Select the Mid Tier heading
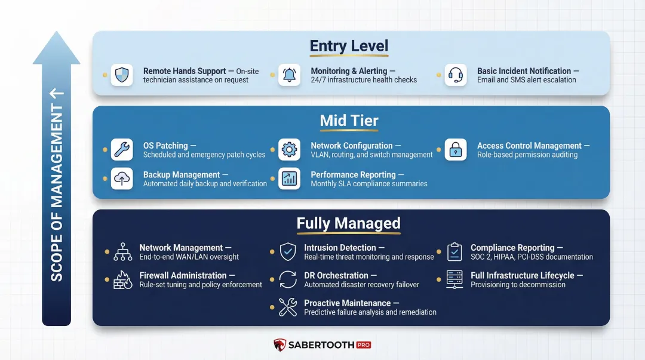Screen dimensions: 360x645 [x=349, y=121]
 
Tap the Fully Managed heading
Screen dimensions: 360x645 [x=349, y=223]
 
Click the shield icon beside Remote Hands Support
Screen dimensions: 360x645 [x=122, y=75]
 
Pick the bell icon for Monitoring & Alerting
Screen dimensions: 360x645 [x=289, y=75]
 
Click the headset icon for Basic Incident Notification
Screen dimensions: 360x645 [x=456, y=75]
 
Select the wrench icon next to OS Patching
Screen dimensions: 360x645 [x=122, y=150]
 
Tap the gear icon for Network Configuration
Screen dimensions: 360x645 [x=289, y=150]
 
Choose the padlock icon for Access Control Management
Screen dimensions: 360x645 [x=456, y=150]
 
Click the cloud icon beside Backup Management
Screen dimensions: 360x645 [x=122, y=179]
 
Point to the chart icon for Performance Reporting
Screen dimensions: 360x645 [x=289, y=179]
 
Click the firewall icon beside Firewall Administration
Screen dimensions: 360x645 [x=122, y=280]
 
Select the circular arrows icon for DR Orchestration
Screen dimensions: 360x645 [x=288, y=280]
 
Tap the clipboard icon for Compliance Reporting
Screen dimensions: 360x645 [x=454, y=252]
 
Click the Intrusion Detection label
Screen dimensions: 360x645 [x=340, y=248]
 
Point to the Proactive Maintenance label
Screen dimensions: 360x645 [x=347, y=303]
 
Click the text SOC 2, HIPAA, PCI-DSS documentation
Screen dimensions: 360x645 [x=532, y=257]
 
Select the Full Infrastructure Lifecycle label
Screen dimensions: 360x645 [x=523, y=275]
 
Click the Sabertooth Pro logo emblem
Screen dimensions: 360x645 [x=280, y=345]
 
